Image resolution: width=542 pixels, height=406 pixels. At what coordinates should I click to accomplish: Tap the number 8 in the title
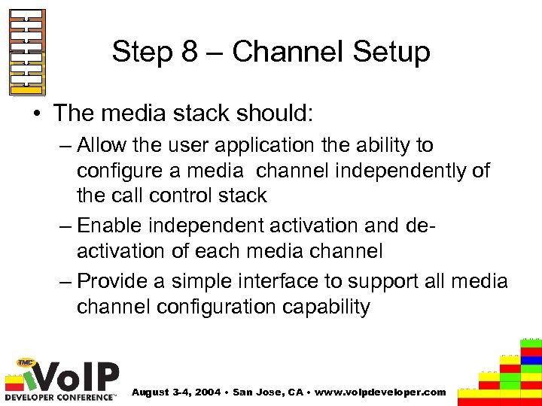click(x=189, y=53)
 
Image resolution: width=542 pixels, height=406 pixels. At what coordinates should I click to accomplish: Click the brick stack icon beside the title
click(x=27, y=53)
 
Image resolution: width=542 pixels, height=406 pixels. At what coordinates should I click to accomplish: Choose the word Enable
click(x=110, y=226)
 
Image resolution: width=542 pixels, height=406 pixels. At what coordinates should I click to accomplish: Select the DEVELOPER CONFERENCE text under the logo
click(x=60, y=396)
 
